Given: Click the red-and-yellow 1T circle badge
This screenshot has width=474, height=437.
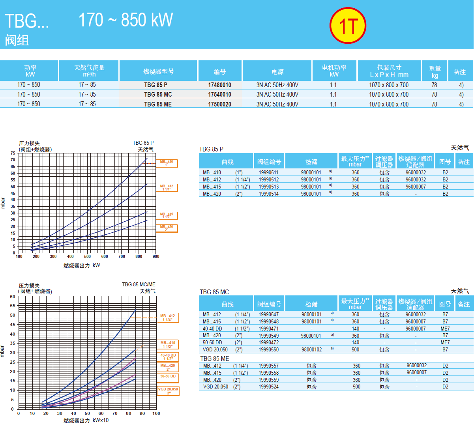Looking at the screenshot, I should coord(348,26).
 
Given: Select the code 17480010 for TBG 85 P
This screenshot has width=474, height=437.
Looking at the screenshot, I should coord(219,85).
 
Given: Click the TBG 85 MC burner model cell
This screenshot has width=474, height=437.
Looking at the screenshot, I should coord(158,95).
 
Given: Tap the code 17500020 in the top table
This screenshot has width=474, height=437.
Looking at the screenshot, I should coord(219,104).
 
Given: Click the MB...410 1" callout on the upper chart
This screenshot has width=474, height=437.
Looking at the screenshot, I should coord(167,163).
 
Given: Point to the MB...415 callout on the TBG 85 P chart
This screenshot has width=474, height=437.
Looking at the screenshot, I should coord(167,216).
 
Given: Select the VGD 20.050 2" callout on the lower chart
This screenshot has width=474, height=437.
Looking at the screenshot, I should coord(169,391).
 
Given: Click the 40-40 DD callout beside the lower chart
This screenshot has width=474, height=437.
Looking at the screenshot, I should coord(168,357).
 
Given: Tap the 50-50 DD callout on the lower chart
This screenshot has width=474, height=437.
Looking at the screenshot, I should coord(168,378).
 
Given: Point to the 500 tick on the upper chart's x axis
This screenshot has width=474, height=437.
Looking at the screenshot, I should coord(87,256).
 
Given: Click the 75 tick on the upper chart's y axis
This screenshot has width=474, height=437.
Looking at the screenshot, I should coord(13,153).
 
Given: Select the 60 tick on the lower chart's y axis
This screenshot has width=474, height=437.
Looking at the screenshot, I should coord(13,297).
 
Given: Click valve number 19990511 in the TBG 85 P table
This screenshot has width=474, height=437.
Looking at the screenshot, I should coord(268,172).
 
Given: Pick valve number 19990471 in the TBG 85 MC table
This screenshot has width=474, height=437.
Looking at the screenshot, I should coord(268,329).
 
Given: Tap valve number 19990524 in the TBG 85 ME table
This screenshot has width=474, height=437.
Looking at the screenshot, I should coord(268,387).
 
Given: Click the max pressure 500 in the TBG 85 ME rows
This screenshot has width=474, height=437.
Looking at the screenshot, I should coord(356,387).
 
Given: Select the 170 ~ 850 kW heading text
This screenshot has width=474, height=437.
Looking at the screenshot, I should coord(126,20).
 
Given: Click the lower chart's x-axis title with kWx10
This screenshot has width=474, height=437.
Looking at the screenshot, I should coord(86,420).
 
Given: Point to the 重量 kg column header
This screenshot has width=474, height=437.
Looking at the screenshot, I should coord(435,72).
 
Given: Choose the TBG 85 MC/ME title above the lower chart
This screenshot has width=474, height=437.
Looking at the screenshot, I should coord(139,284).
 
